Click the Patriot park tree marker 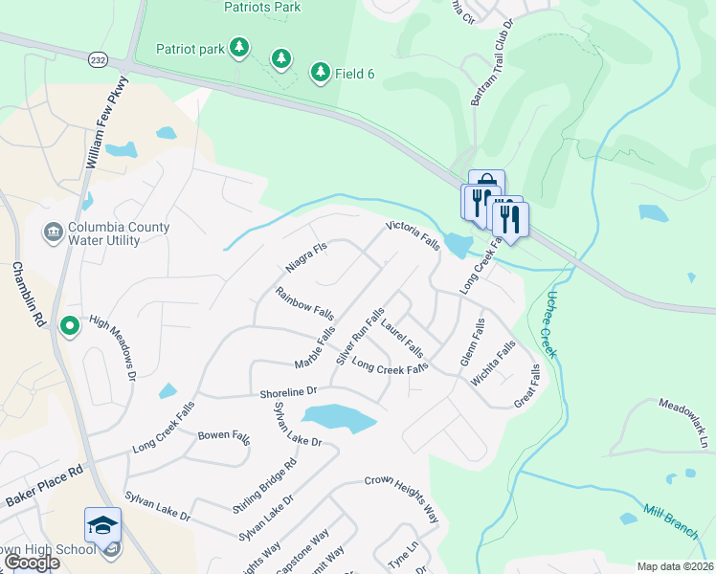[x=240, y=46]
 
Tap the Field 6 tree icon [x=321, y=72]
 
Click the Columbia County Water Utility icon [x=53, y=232]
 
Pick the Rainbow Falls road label [x=304, y=303]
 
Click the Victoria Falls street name [x=413, y=236]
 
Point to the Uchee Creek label [x=548, y=325]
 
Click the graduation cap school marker [x=102, y=524]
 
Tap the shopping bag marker [x=486, y=185]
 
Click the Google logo [x=31, y=563]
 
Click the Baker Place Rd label [x=46, y=485]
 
